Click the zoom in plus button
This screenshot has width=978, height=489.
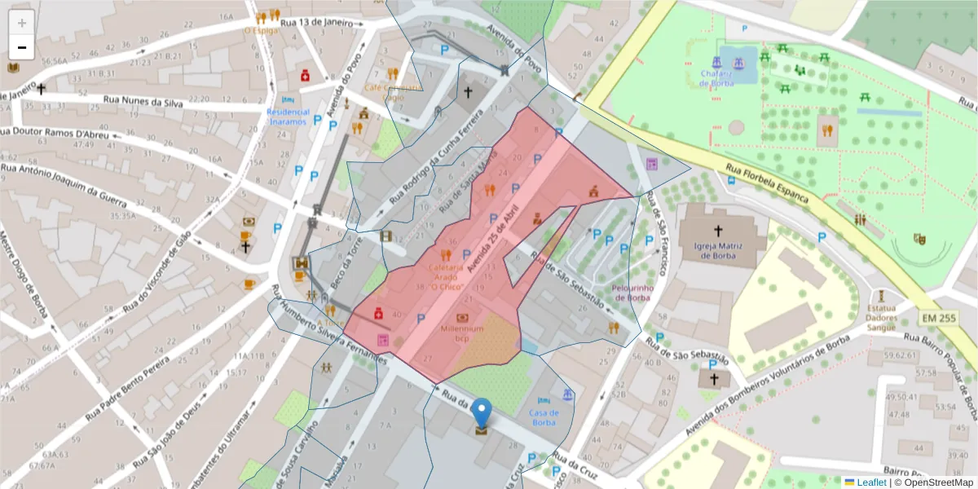point(22,23)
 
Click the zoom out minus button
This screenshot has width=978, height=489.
point(22,47)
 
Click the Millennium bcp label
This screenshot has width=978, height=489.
point(463,333)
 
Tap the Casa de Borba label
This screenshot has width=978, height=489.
point(544,417)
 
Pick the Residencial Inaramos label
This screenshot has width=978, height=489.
point(288,117)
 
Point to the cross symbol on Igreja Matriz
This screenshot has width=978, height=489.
point(718,231)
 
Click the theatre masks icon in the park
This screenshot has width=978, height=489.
point(920,239)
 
